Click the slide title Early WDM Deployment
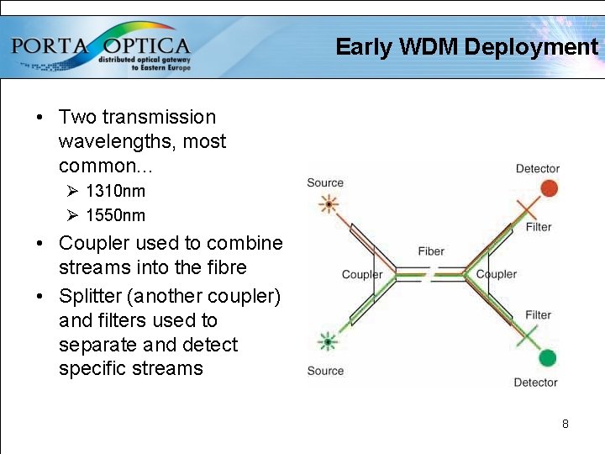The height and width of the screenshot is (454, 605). pos(466,47)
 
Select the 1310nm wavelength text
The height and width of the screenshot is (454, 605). pos(115,191)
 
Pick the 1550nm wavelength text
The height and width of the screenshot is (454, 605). pos(115,215)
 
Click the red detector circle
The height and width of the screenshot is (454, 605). pos(549,187)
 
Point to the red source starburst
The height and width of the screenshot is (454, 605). pos(326,204)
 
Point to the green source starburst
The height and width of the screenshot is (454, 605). pos(326,341)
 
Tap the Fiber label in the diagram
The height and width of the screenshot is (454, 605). pos(431,251)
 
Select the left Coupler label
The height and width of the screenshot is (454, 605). pos(362,274)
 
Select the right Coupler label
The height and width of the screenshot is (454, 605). pos(497,274)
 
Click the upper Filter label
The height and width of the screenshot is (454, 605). pos(539,227)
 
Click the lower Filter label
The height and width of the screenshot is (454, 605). pos(539,315)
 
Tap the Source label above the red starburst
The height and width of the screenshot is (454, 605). pos(325,182)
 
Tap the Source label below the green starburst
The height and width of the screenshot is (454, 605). pos(325,371)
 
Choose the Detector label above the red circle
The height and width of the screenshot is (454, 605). pos(537,169)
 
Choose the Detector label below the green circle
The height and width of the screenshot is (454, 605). pos(535,383)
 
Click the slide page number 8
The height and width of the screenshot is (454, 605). pos(566,424)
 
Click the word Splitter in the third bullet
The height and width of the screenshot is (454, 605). pos(90,296)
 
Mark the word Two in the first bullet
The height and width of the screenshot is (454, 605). pos(77,117)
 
